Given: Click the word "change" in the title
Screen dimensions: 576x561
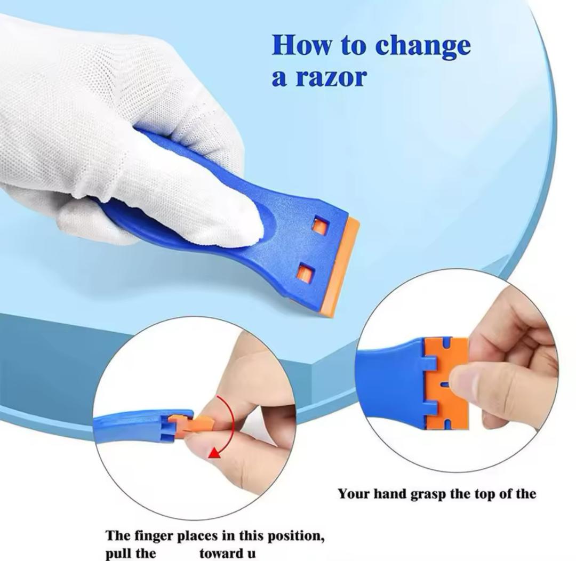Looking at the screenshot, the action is [423, 46].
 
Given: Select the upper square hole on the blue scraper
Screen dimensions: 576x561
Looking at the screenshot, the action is [320, 226].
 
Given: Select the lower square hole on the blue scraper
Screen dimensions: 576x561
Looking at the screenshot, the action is [305, 274].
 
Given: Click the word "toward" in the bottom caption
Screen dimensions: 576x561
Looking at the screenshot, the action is [217, 554].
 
